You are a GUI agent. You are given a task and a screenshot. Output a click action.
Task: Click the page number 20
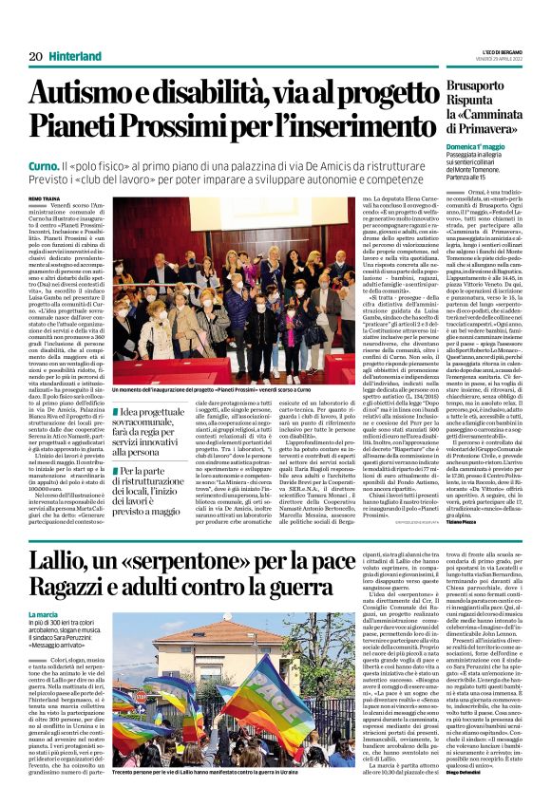[35, 56]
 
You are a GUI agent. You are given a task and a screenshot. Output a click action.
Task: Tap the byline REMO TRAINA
[45, 197]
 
